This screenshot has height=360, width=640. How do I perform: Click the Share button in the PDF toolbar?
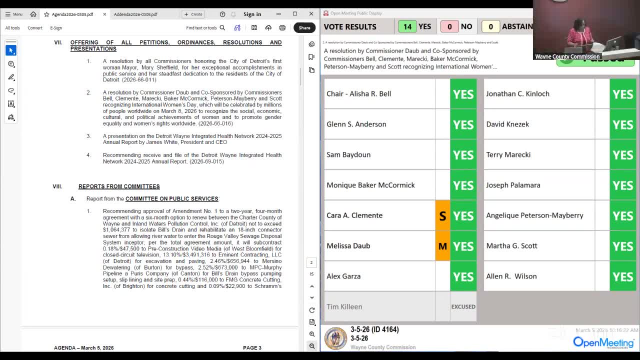304,28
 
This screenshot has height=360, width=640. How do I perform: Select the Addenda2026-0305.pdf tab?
135,14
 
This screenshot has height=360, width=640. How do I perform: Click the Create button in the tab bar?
193,14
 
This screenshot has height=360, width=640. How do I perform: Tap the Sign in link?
252,14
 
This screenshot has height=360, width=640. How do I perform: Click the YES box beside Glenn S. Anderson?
463,124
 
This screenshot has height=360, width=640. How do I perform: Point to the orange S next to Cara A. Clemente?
442,215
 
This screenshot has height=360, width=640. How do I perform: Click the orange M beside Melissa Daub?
442,246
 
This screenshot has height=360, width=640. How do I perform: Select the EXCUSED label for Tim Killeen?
463,306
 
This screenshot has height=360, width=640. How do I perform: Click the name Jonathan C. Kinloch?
517,93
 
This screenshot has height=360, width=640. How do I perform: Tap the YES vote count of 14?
407,26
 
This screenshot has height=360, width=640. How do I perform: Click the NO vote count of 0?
449,26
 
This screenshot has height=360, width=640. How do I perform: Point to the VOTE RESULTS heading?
350,27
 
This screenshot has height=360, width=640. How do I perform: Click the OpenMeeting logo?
603,342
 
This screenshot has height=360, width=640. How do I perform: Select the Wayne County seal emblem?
335,338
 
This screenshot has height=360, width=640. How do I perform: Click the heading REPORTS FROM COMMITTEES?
119,186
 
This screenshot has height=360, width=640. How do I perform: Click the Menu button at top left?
14,14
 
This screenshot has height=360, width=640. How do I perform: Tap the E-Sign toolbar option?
56,28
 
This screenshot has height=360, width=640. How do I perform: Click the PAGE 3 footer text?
252,347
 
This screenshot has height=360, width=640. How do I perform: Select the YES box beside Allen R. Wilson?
622,276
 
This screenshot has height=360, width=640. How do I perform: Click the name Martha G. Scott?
511,246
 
